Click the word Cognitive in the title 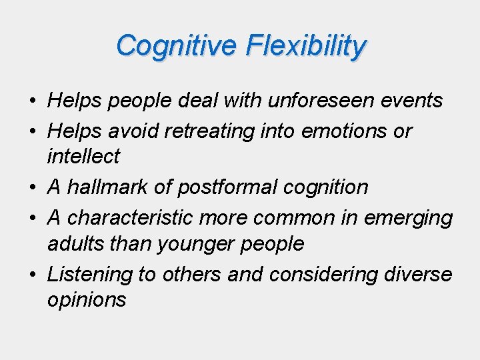pyautogui.click(x=175, y=46)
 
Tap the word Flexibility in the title pyautogui.click(x=305, y=46)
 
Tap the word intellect pyautogui.click(x=83, y=157)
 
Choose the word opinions pyautogui.click(x=86, y=300)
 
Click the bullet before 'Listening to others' pyautogui.click(x=32, y=274)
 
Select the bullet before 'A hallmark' pyautogui.click(x=32, y=187)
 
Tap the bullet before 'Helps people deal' pyautogui.click(x=32, y=101)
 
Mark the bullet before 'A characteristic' pyautogui.click(x=32, y=217)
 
